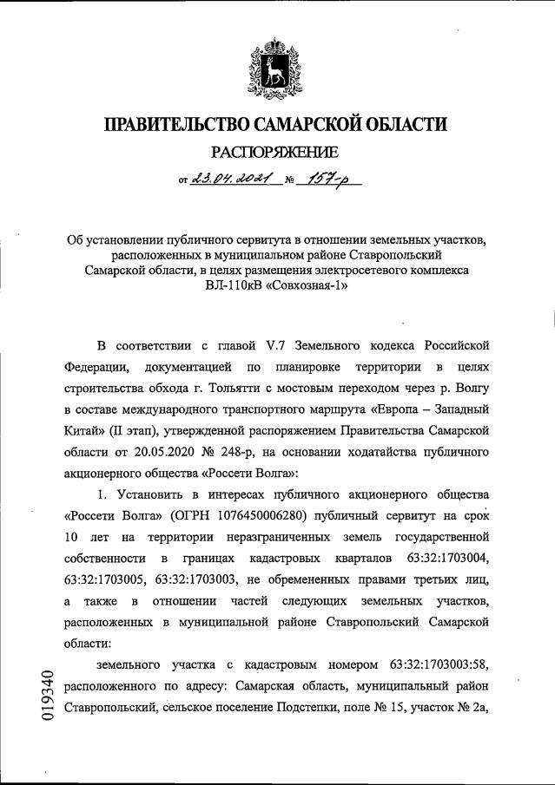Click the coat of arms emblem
(x=277, y=64)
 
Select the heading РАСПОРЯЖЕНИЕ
(x=277, y=154)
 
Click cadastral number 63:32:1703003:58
(x=441, y=665)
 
